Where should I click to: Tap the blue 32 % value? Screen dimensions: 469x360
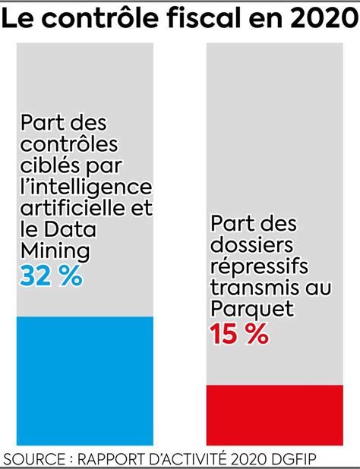pyautogui.click(x=51, y=276)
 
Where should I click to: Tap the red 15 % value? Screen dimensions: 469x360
pyautogui.click(x=239, y=334)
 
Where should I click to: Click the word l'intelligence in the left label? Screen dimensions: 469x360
pyautogui.click(x=86, y=186)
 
